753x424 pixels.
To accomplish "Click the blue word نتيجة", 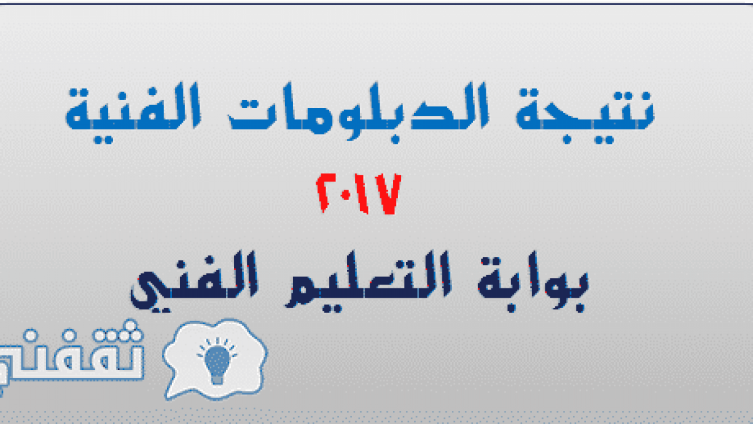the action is tap(585, 114).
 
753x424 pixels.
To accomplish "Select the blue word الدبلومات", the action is tap(358, 112).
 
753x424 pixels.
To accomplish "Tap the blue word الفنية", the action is tap(133, 113).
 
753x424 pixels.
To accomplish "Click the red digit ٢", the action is tap(326, 193).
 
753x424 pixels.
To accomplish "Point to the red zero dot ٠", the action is tap(346, 195).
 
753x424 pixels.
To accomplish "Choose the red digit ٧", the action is tap(388, 194).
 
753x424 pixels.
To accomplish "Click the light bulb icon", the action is tap(217, 361).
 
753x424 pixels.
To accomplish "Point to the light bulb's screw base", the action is tap(217, 379).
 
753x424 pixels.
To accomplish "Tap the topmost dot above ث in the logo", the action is tap(131, 325).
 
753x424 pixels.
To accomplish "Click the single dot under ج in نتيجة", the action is tap(567, 139).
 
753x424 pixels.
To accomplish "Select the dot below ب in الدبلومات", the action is tap(395, 139).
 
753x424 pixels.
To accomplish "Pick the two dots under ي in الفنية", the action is tap(103, 139).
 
